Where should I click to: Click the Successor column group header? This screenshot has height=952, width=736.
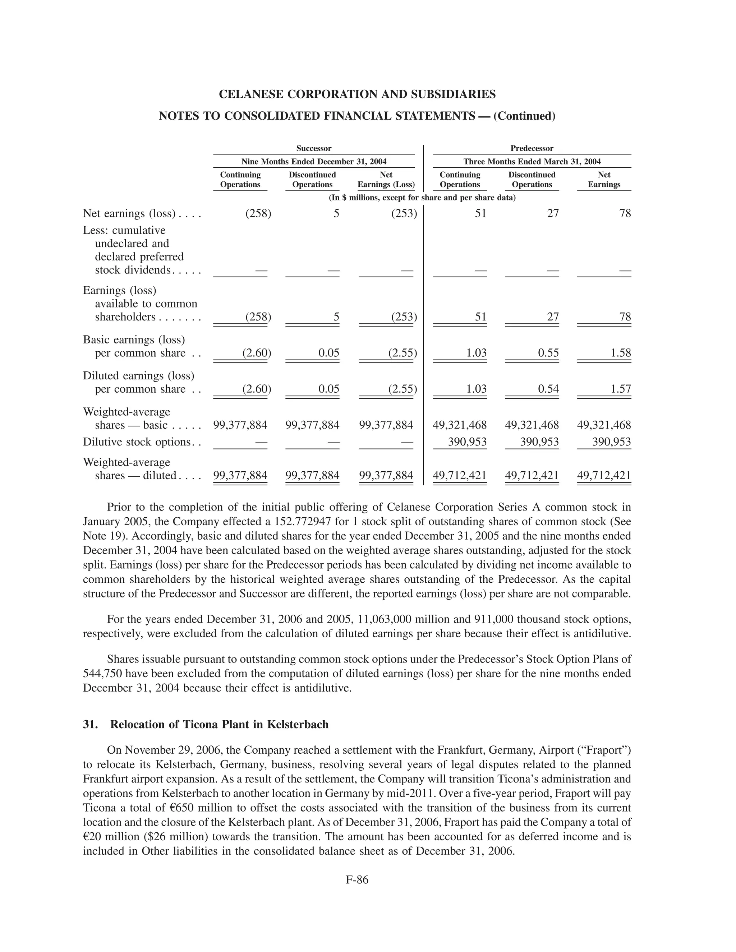(314, 149)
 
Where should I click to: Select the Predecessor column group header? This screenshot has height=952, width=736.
(532, 149)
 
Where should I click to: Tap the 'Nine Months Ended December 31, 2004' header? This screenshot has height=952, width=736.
(314, 162)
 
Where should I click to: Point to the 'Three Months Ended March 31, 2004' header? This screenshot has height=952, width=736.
(532, 162)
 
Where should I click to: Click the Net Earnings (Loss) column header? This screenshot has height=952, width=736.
(386, 180)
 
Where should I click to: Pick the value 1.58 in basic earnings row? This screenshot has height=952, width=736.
(620, 353)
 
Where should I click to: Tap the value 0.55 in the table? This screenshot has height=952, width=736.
(548, 353)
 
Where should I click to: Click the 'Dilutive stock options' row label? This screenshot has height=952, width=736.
(137, 442)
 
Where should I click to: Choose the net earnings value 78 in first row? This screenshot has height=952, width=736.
(625, 214)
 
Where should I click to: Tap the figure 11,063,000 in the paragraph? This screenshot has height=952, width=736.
(385, 619)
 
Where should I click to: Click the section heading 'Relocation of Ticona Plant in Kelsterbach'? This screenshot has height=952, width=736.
(219, 725)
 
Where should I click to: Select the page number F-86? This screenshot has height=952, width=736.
(357, 880)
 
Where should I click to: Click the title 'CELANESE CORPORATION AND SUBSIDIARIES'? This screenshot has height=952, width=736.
(357, 94)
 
